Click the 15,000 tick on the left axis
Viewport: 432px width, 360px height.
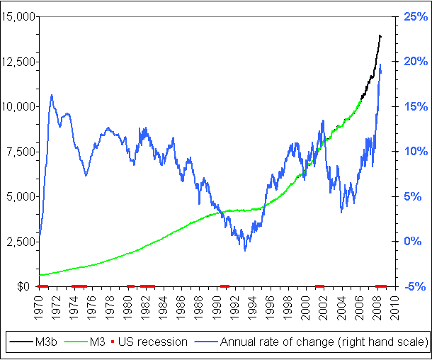click(20, 16)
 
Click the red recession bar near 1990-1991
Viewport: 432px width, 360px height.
click(224, 286)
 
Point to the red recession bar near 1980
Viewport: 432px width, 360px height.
click(130, 286)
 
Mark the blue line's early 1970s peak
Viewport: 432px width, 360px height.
click(52, 95)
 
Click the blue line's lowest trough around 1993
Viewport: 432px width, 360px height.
click(245, 249)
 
